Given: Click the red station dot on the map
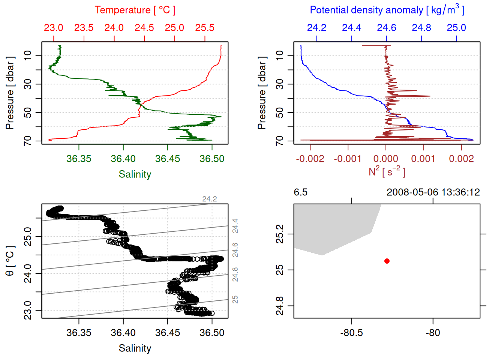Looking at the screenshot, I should [387, 261].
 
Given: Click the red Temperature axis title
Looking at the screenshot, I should [135, 10].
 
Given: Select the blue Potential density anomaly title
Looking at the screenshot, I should [387, 10].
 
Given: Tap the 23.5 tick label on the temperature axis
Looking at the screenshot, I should [84, 28].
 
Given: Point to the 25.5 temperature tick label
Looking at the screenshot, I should [205, 28].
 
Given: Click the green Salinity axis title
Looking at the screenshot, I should [135, 174].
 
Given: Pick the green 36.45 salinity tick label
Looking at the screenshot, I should [167, 159].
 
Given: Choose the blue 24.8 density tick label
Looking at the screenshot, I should [421, 28].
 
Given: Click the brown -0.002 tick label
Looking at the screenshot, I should [310, 159].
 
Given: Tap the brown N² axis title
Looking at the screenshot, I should [387, 171].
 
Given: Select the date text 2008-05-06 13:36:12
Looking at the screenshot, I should [433, 192].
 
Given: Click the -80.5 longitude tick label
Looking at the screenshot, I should [351, 333].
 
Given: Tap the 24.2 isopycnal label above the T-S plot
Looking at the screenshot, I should [209, 199].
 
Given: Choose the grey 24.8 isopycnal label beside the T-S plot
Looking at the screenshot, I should [235, 274].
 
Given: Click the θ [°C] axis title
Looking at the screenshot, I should [10, 261].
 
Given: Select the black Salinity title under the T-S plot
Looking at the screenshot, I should [135, 348].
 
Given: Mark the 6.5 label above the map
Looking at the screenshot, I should [300, 192].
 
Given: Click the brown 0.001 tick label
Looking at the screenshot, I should [423, 159].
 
